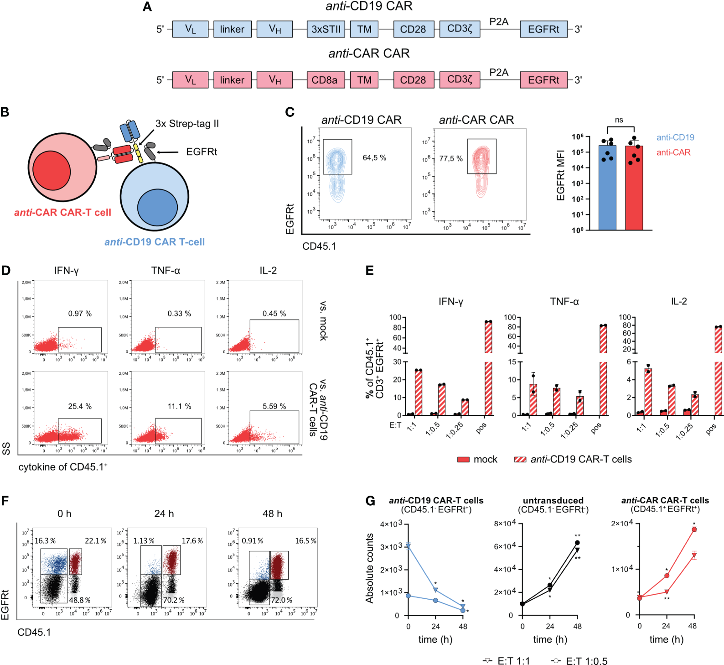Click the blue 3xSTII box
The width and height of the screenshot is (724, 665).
[x=326, y=29]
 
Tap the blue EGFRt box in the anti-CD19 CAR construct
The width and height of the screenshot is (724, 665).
[x=543, y=29]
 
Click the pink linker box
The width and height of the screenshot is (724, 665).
[x=232, y=80]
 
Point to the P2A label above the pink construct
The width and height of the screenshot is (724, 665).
[x=499, y=72]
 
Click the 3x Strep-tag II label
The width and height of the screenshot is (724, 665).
[x=187, y=124]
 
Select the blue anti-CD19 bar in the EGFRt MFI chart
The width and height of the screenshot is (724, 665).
[x=607, y=187]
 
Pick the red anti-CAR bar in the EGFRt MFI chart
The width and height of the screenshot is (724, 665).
[x=634, y=187]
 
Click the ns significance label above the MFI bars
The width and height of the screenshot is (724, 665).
[x=619, y=120]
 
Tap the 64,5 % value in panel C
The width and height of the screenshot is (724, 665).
[x=374, y=158]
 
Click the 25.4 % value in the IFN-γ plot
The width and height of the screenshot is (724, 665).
[x=80, y=406]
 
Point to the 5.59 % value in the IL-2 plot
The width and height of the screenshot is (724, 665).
[x=274, y=406]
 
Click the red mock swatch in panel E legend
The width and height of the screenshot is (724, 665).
[x=463, y=460]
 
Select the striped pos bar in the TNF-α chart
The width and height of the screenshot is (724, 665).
[x=603, y=370]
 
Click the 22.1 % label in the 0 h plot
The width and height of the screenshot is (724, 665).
[x=95, y=541]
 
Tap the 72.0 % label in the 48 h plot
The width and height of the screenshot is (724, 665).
[x=281, y=600]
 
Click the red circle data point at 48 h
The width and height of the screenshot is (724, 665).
[x=694, y=529]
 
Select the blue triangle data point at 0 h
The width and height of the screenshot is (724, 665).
[x=408, y=546]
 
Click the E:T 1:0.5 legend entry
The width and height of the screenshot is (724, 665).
[x=579, y=661]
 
